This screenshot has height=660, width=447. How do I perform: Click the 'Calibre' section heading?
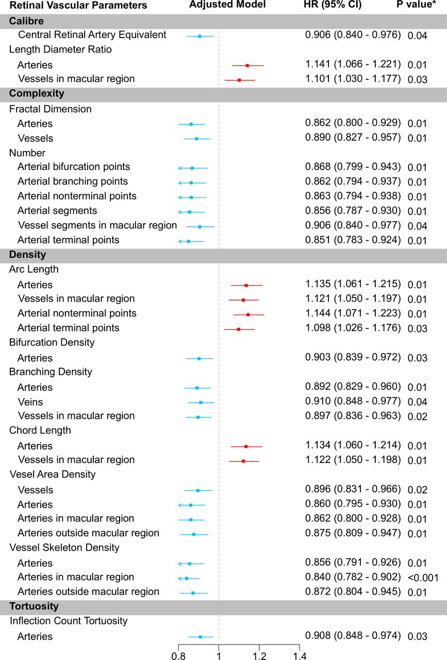(26, 21)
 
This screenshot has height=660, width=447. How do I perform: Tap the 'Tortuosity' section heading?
(34, 606)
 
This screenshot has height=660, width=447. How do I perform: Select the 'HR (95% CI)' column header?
(333, 5)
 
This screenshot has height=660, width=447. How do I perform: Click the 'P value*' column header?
(416, 5)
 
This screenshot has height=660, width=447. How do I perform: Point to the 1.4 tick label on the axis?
(300, 655)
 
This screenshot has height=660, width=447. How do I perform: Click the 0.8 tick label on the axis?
(178, 655)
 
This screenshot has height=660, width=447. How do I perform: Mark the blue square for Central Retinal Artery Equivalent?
(200, 36)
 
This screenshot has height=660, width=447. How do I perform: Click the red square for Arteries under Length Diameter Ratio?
(247, 65)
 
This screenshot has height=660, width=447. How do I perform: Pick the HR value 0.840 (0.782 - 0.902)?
(353, 577)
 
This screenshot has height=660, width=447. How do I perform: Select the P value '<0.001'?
(423, 578)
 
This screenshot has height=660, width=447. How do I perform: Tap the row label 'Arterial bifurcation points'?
(74, 167)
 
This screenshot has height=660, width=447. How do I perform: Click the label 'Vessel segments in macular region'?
(97, 225)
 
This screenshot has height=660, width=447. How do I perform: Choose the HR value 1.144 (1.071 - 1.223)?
(353, 313)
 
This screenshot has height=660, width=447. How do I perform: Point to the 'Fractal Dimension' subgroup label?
(50, 109)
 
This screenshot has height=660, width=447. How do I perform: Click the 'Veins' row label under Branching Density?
(30, 402)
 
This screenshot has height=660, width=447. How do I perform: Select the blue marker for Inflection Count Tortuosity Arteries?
(201, 637)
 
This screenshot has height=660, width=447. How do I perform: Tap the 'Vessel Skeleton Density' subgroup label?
(64, 548)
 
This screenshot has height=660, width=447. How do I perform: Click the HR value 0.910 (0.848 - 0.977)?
(353, 401)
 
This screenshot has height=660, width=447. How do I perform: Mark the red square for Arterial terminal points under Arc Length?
(239, 329)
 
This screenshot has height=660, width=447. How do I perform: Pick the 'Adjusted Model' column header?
(227, 5)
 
